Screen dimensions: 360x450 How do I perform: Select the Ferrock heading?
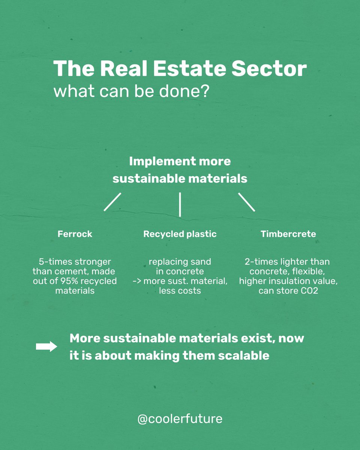coord(75,234)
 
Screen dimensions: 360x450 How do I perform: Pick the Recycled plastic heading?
coord(180,234)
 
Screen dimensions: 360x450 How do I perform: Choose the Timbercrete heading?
coord(288,234)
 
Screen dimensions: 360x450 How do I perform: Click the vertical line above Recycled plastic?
coord(180,204)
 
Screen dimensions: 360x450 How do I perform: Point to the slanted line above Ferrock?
coord(112,202)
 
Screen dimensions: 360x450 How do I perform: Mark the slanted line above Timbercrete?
coord(246,202)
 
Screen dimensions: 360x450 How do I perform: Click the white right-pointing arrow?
coord(46,347)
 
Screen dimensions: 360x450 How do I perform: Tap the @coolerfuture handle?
coord(180,419)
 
